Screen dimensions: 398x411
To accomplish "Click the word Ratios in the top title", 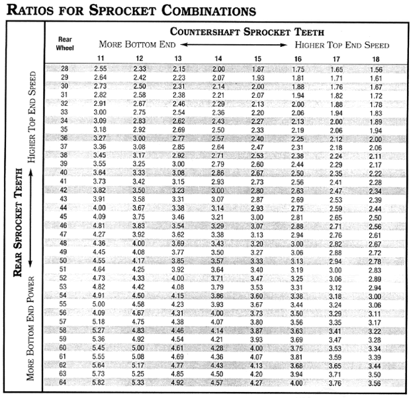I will [x=30, y=11].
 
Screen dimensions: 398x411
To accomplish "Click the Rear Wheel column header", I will [x=65, y=44].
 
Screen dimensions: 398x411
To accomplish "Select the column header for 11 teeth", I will [x=100, y=60].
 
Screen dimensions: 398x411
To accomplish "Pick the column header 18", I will [x=376, y=60].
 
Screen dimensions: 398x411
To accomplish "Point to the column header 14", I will [x=218, y=60].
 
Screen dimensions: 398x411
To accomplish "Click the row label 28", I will [x=65, y=69].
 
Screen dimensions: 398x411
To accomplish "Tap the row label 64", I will [x=65, y=381].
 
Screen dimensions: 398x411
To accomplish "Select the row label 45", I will [x=65, y=216].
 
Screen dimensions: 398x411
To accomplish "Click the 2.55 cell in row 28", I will [x=100, y=69].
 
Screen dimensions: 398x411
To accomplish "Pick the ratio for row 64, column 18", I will [x=376, y=381].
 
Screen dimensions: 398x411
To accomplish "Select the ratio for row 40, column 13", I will [x=179, y=173].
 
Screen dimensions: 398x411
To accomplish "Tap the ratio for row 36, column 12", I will [x=139, y=138].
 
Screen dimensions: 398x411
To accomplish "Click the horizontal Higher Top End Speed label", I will [x=342, y=45].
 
